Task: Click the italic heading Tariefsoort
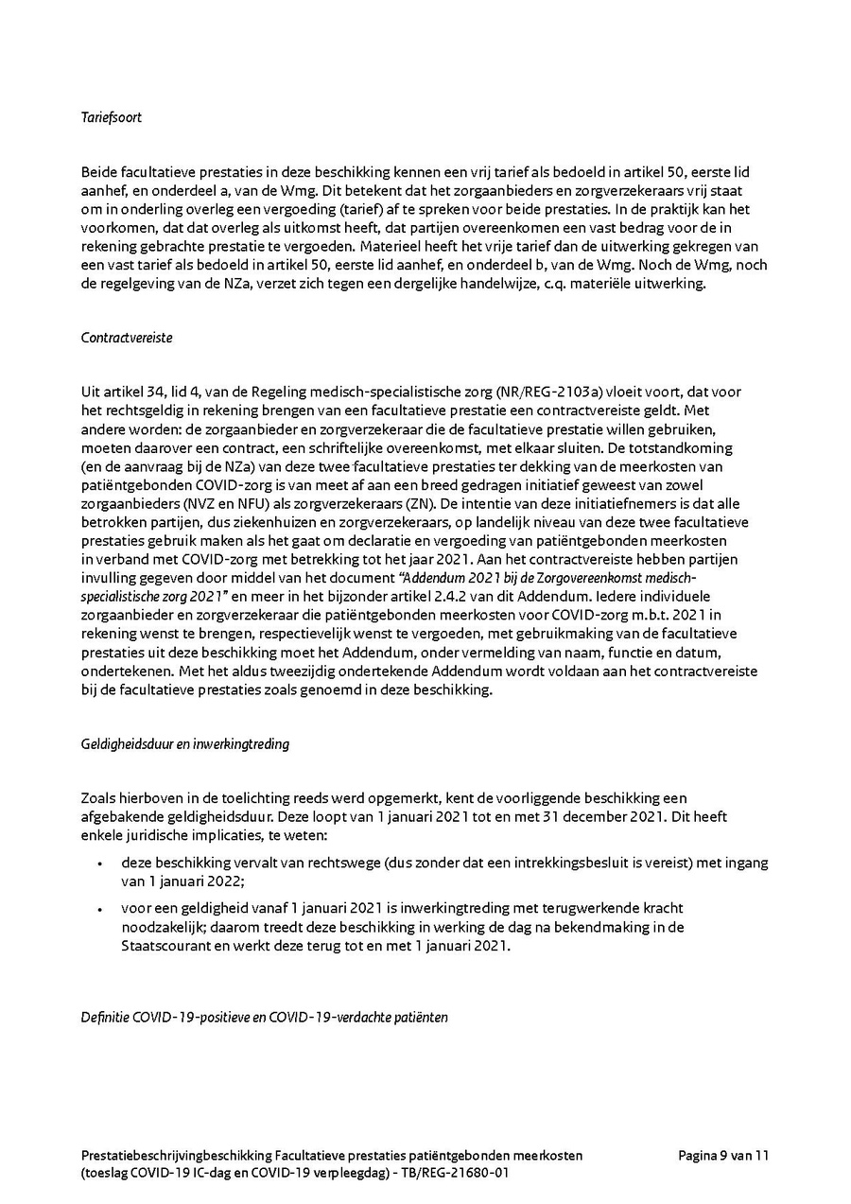click(x=111, y=118)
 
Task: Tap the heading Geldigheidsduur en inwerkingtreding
click(x=185, y=743)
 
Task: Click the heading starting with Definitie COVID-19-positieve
click(x=264, y=1018)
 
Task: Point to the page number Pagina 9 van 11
click(x=723, y=1155)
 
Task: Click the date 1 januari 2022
click(x=183, y=881)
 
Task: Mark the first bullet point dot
click(x=100, y=864)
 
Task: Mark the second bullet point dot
click(x=100, y=908)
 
